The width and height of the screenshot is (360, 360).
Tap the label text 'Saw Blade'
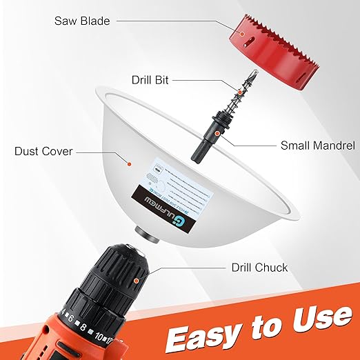(82, 20)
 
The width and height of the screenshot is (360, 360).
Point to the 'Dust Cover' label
(43, 151)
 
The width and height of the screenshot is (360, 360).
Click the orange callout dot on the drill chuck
(137, 281)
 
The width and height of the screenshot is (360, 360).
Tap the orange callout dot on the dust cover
(129, 163)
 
